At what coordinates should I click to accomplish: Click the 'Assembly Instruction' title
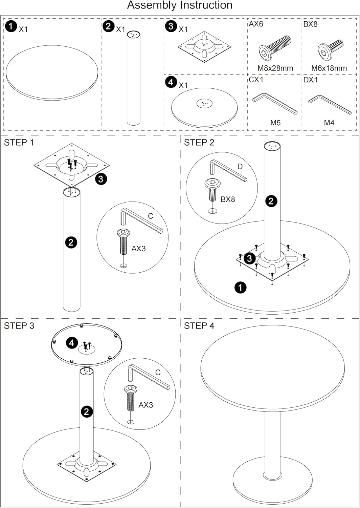[180, 5]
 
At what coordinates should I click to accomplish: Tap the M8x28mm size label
[275, 68]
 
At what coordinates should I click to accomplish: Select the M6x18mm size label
[329, 68]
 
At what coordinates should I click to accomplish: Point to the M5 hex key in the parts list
[275, 103]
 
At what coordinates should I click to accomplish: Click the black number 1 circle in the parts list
[11, 26]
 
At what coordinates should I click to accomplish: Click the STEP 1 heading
[19, 143]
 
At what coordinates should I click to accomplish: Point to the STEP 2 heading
[199, 143]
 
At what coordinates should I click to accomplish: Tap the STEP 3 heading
[19, 326]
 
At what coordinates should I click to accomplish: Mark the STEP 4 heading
[199, 326]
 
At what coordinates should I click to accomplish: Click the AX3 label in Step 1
[138, 249]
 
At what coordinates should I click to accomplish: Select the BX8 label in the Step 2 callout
[227, 199]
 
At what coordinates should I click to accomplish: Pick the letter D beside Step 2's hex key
[240, 166]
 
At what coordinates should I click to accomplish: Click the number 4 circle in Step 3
[71, 343]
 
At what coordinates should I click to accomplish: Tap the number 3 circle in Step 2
[249, 258]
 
